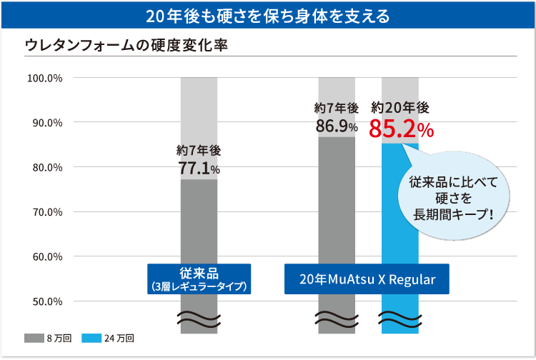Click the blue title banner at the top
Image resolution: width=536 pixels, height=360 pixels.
[x=268, y=15]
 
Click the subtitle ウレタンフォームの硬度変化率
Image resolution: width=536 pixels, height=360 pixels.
[x=126, y=44]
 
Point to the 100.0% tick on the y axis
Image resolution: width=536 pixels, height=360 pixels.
[x=44, y=78]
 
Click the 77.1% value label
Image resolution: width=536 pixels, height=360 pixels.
[x=199, y=169]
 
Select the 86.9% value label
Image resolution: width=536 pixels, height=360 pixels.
[x=337, y=126]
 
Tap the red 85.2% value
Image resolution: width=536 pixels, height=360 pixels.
[x=401, y=129]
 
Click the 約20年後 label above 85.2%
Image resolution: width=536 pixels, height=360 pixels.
[x=400, y=108]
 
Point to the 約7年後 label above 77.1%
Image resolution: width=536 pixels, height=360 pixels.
[x=199, y=151]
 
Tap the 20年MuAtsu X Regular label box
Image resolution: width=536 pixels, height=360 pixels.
[x=367, y=279]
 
